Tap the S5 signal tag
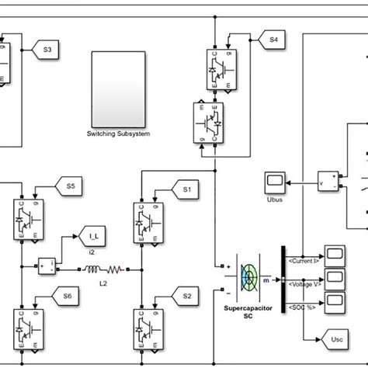71,186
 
